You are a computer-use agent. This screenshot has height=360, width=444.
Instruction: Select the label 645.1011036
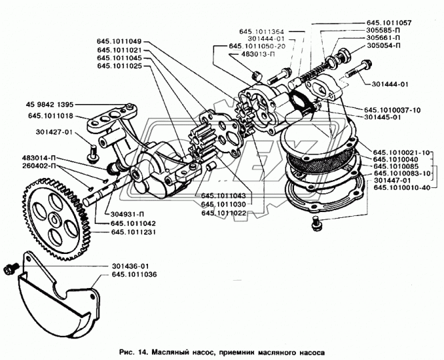point(134,275)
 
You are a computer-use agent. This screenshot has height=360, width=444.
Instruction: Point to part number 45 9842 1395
point(49,105)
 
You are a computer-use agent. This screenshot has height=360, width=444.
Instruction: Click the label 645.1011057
point(389,23)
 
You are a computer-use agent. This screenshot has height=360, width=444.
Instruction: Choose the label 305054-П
point(384,45)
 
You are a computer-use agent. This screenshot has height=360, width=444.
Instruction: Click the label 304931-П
point(121,214)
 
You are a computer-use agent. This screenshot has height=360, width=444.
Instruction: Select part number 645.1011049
point(119,41)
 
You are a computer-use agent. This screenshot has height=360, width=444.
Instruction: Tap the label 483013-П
point(257,53)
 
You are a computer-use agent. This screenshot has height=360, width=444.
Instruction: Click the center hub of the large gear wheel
point(54,219)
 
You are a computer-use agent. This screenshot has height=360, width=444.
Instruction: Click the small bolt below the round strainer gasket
point(316,223)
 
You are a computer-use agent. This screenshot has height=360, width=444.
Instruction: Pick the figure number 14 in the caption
point(142,353)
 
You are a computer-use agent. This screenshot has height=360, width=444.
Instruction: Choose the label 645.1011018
point(51,116)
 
